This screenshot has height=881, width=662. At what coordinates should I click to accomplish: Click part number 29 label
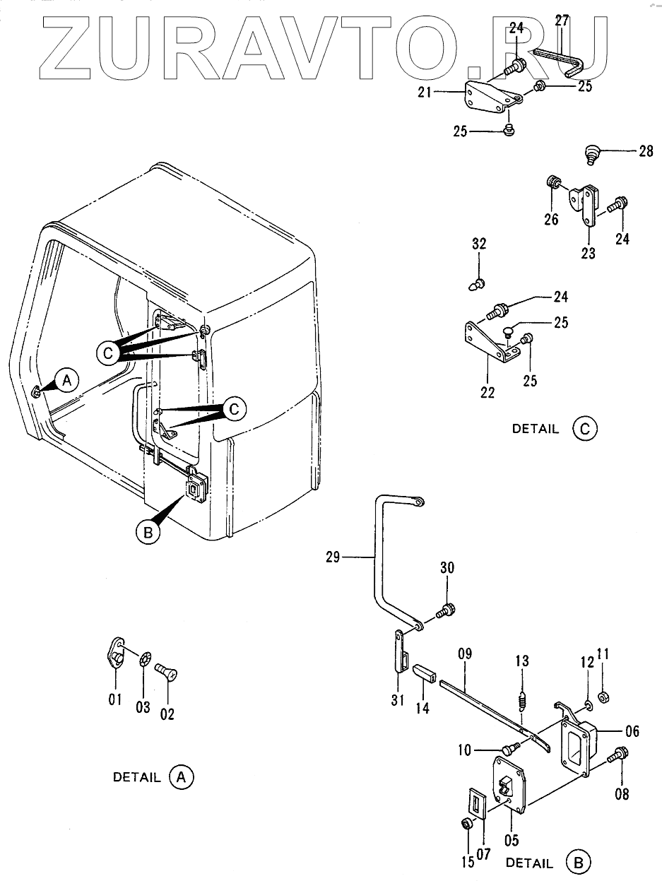[333, 557]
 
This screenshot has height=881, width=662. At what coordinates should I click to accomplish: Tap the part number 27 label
[562, 20]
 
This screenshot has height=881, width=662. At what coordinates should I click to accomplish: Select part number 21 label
[425, 93]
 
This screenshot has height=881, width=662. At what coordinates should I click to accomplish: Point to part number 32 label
[479, 244]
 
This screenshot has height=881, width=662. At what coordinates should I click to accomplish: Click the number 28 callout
[646, 151]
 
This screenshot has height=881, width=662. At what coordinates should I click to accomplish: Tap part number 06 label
[632, 731]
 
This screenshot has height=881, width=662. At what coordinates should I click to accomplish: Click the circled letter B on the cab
[148, 533]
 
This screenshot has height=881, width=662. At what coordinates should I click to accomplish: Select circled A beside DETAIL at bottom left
[182, 777]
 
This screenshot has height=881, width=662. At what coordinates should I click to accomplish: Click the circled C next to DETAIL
[585, 429]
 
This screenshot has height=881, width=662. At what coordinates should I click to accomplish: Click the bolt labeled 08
[618, 755]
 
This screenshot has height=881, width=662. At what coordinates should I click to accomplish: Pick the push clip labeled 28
[591, 155]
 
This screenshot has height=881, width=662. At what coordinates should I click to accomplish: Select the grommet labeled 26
[553, 182]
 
